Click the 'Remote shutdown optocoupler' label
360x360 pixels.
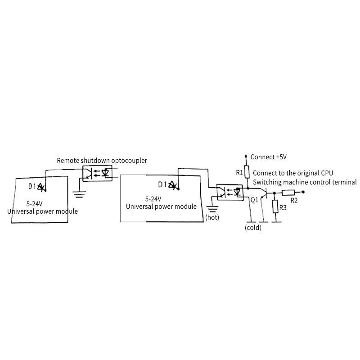point(102,161)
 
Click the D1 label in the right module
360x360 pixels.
point(162,184)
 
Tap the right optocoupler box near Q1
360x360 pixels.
point(230,192)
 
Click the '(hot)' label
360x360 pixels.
point(212,217)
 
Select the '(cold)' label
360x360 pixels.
point(253,228)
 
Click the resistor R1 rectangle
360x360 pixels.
point(246,172)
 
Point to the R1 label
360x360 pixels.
point(239,172)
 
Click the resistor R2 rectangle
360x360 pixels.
point(288,192)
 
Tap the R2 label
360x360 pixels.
point(294,200)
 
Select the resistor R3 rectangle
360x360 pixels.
point(274,207)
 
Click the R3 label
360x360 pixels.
point(283,207)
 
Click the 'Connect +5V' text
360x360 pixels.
point(269,157)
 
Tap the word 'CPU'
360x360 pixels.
point(327,173)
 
